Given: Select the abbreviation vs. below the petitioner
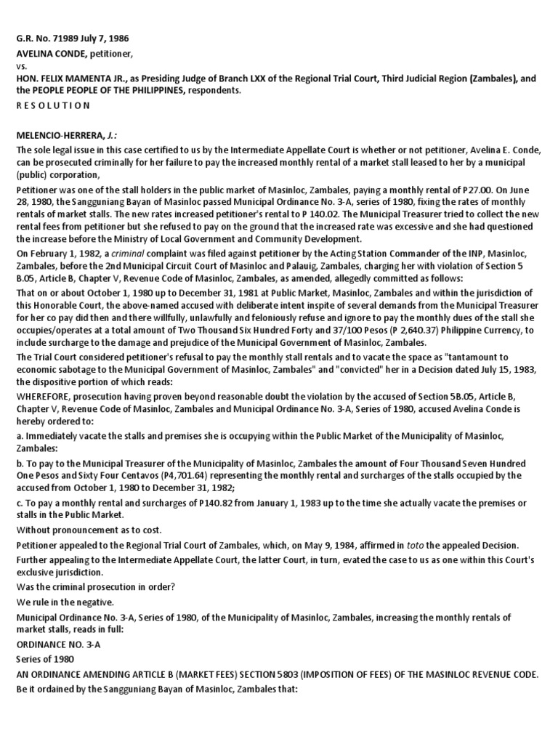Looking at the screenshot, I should (x=23, y=65).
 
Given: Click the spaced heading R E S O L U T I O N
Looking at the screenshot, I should (x=54, y=105).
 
